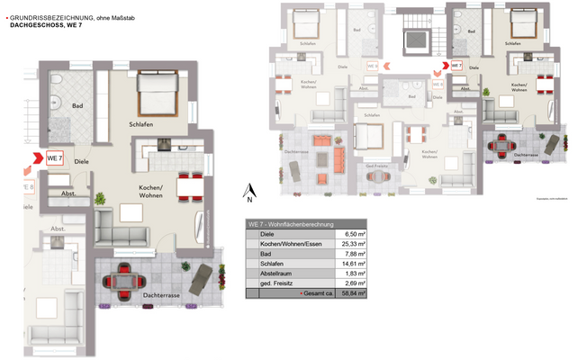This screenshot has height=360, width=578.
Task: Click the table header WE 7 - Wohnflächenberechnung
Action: pos(292,223)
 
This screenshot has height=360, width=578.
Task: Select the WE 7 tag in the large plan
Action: pos(53,158)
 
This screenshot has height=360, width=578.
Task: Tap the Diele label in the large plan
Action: pos(82,161)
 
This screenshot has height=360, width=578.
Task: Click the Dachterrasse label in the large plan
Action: pos(159,295)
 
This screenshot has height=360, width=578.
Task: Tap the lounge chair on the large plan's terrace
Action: pos(205,273)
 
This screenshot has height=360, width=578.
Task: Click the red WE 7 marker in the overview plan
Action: pos(456,66)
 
